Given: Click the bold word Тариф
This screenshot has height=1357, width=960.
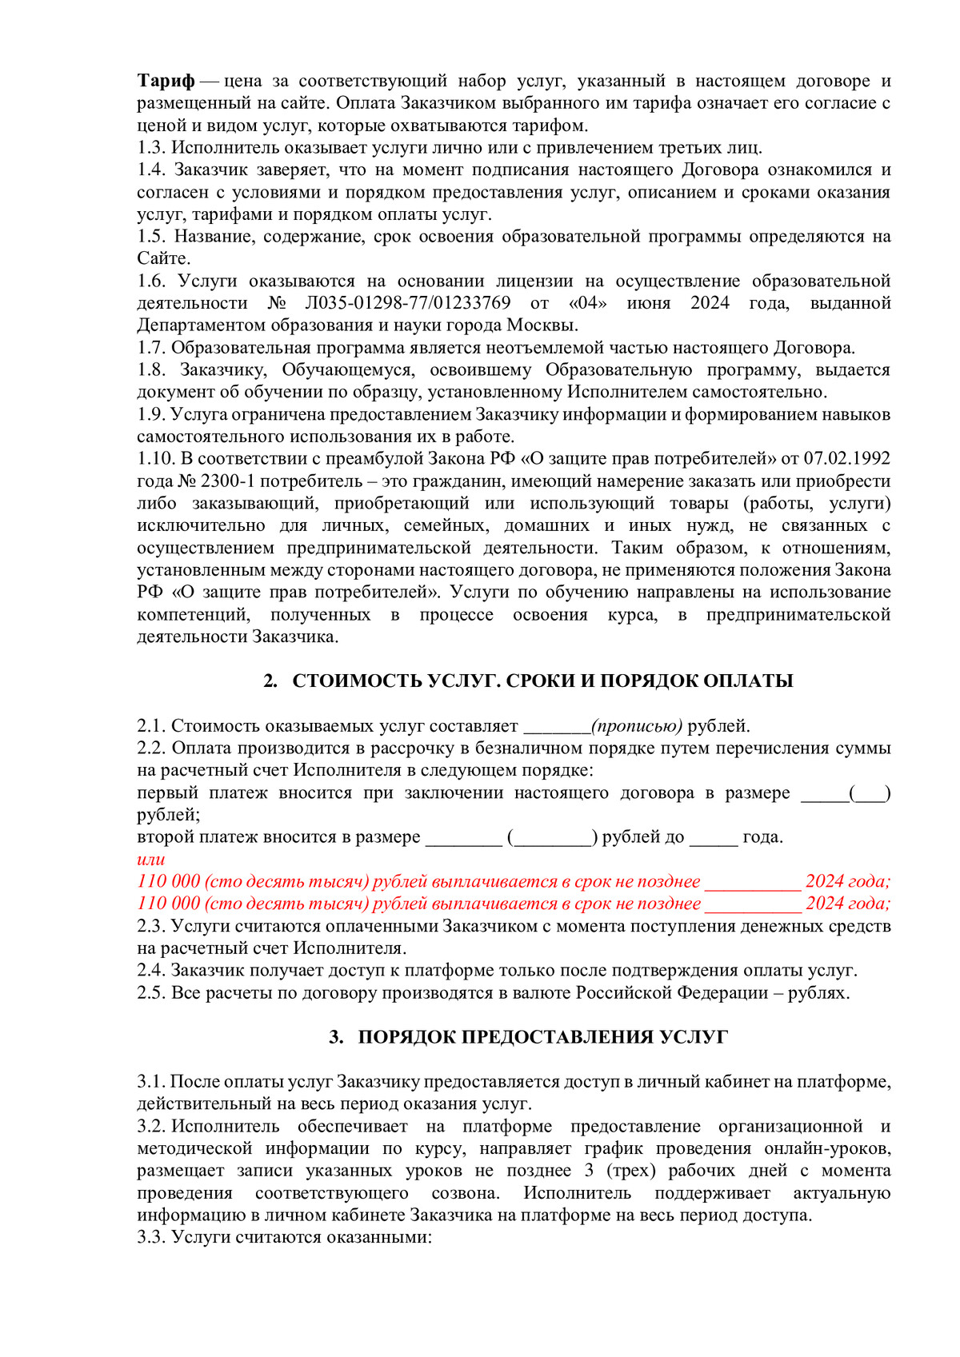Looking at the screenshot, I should pyautogui.click(x=166, y=81).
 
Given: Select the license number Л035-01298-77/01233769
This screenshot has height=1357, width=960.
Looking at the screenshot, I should pyautogui.click(x=407, y=303).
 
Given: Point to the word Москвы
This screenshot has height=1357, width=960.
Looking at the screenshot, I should pyautogui.click(x=542, y=325).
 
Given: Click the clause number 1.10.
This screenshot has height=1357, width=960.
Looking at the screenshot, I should pyautogui.click(x=155, y=459).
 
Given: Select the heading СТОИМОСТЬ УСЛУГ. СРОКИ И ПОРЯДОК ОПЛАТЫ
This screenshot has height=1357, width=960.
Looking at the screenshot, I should pyautogui.click(x=542, y=680).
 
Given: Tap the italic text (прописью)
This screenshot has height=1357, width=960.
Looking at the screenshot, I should pyautogui.click(x=637, y=726).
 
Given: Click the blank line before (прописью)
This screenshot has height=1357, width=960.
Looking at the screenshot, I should pyautogui.click(x=557, y=726).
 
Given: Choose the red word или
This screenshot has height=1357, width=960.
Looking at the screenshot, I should pyautogui.click(x=151, y=860).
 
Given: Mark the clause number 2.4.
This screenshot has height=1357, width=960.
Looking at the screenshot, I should pyautogui.click(x=151, y=971).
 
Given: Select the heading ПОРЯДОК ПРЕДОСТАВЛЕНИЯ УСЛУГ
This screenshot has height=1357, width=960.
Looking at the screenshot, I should pyautogui.click(x=542, y=1037).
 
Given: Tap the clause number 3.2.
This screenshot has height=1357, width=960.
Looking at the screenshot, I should pyautogui.click(x=150, y=1127).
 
